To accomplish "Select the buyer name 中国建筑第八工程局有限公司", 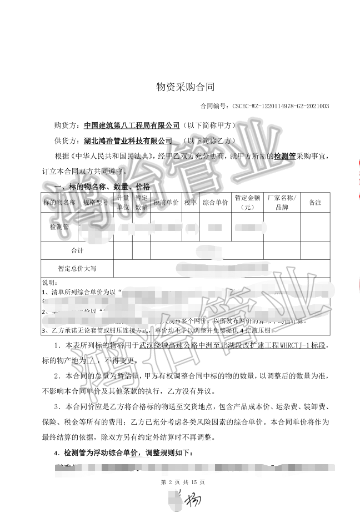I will (132, 125).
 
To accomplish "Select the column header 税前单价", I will (166, 203).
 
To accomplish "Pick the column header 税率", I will (191, 203).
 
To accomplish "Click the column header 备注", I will (315, 203).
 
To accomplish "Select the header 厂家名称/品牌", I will (282, 203).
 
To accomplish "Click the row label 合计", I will (78, 250).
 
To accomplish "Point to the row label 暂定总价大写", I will (78, 268).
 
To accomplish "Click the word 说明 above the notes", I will (49, 283).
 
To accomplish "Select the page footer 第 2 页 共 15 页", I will (183, 482).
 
